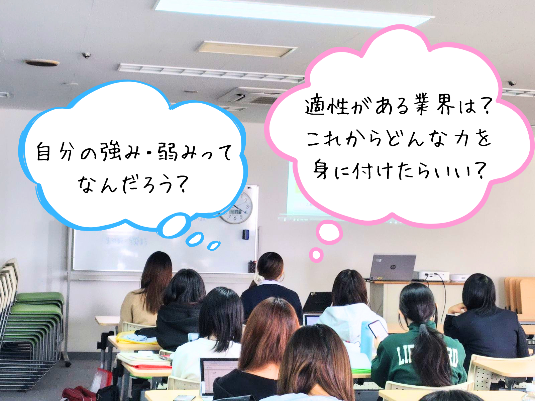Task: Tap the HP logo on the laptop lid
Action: (393, 267)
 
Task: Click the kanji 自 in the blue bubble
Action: (43, 151)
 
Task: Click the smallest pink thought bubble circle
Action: (316, 255)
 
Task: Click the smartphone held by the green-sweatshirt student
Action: (377, 329)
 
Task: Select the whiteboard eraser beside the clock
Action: (246, 235)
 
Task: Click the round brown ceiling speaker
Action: (42, 62)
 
